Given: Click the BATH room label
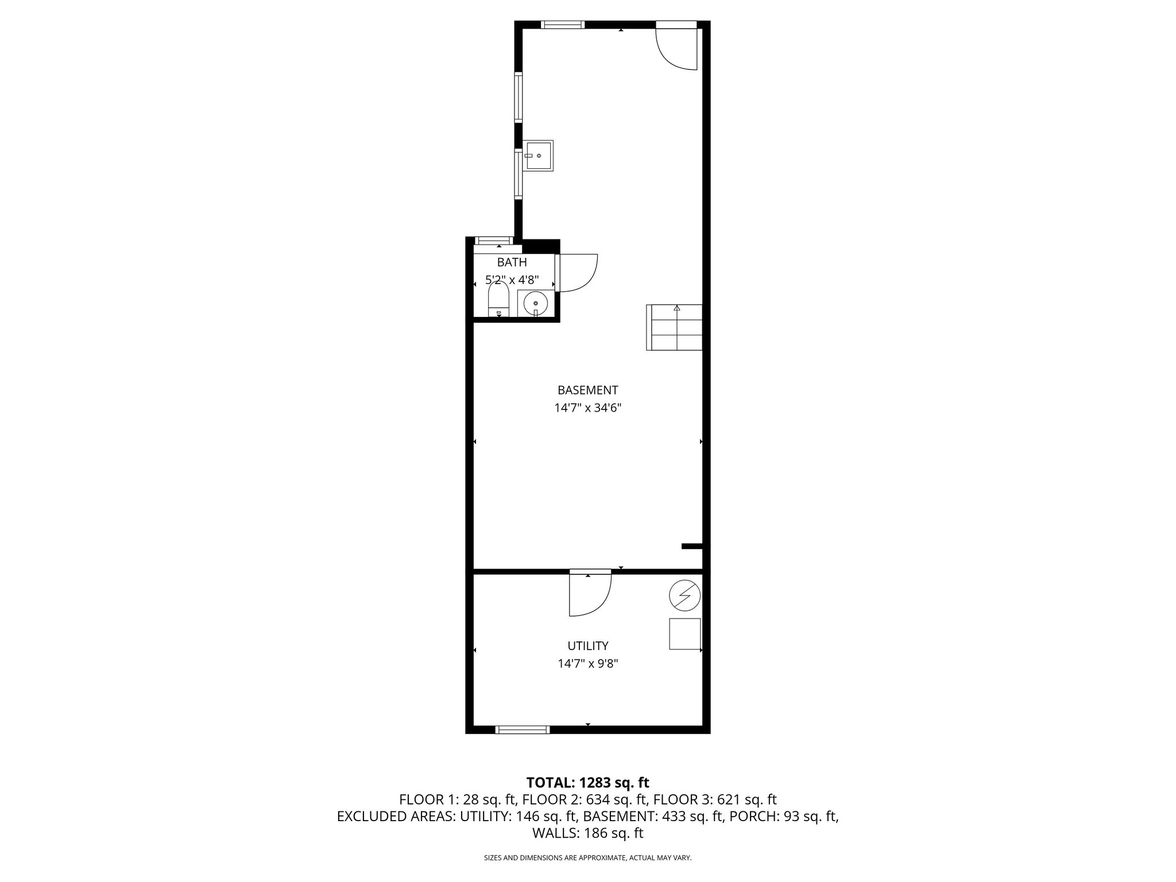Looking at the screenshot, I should [512, 262].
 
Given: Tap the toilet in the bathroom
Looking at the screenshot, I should [498, 302].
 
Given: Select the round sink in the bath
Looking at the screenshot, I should [536, 303].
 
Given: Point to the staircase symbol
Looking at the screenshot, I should [675, 327].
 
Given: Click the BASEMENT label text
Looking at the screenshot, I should [587, 390].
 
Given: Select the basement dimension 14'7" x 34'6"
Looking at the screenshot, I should [587, 408].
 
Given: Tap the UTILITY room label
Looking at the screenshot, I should [587, 646].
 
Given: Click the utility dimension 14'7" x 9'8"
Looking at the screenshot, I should [587, 664].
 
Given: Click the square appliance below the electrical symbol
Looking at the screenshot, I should [684, 634].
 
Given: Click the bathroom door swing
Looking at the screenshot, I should [577, 273].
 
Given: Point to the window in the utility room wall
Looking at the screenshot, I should [523, 729].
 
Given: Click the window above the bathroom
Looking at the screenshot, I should [494, 241].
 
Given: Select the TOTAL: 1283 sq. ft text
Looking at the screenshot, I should [587, 782].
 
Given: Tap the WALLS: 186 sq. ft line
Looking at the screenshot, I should [587, 833].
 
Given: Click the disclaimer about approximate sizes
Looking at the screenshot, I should [587, 858].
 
